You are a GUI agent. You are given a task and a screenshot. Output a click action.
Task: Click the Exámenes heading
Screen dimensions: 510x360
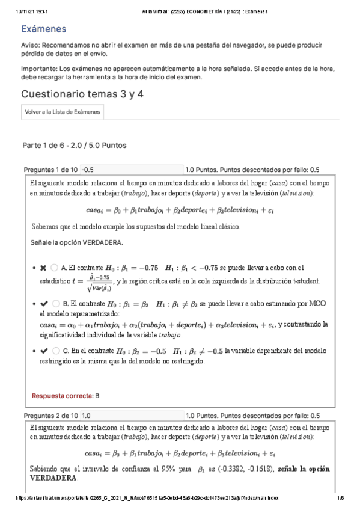[x=43, y=29]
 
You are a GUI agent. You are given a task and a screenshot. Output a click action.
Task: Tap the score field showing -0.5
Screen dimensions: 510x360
[x=131, y=170]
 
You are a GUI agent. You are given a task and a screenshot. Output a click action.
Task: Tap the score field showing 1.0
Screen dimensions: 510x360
[x=131, y=416]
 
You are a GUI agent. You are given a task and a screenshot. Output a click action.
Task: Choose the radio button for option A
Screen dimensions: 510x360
[x=55, y=268]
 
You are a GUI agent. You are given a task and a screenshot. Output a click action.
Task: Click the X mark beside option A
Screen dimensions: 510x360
[x=43, y=268]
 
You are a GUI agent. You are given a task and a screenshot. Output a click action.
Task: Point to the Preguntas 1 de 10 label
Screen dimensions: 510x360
[x=50, y=170]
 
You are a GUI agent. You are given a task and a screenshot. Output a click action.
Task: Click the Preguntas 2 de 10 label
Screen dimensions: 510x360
[x=50, y=416]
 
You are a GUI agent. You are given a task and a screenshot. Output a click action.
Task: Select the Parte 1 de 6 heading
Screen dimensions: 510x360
[x=74, y=146]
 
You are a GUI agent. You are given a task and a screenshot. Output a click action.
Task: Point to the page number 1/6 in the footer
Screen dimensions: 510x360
[x=340, y=497]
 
